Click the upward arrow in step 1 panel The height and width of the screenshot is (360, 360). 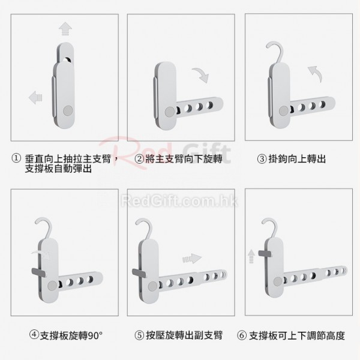[x=65, y=29]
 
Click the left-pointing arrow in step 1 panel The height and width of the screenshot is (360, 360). [x=35, y=97]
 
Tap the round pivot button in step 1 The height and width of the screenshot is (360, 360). [x=68, y=110]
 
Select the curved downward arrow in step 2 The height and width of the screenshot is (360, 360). [x=202, y=74]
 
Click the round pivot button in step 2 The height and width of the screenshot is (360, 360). [x=170, y=112]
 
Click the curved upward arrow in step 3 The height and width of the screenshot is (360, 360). [x=316, y=73]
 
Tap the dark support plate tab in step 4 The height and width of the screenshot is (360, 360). [x=38, y=272]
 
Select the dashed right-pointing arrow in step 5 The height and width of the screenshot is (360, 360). [x=192, y=259]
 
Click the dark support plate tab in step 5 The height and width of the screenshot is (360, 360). [x=139, y=272]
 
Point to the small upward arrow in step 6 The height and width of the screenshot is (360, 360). [x=251, y=256]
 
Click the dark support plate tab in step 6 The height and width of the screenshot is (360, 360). [x=265, y=253]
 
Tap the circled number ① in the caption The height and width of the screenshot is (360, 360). [x=16, y=158]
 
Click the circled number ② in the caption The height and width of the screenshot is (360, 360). [x=139, y=159]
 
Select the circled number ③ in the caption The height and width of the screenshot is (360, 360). [x=262, y=159]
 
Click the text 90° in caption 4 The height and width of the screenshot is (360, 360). [x=95, y=335]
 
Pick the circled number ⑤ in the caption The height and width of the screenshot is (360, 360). [x=139, y=335]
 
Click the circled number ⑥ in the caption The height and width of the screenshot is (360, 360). [x=242, y=335]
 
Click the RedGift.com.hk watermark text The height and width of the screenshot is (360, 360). [x=179, y=200]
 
